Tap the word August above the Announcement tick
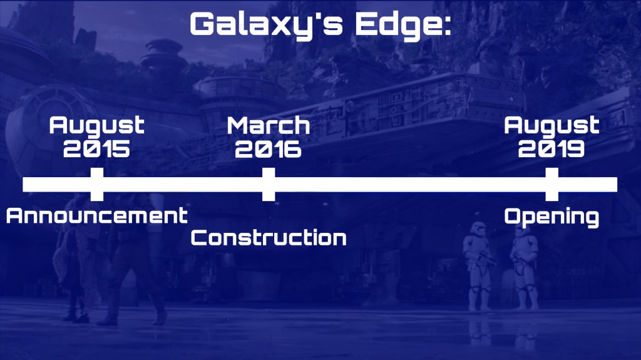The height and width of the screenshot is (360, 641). tap(96, 125)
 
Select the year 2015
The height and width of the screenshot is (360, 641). tap(96, 149)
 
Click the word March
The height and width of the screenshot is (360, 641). tap(268, 125)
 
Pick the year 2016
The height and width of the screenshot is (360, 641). tap(268, 149)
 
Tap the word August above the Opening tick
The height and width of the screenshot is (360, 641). tap(551, 125)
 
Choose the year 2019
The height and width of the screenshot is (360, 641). tap(551, 149)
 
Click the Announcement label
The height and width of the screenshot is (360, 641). tap(97, 215)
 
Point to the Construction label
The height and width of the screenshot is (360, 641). tap(269, 238)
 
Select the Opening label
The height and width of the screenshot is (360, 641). tap(551, 217)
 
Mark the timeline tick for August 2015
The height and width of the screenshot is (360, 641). tap(97, 184)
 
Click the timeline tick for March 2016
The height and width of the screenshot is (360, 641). tap(269, 184)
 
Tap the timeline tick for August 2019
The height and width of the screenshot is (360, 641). tap(552, 184)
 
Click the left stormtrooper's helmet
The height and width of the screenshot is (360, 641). tap(477, 229)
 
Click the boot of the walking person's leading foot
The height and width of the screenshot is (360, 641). tap(160, 317)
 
